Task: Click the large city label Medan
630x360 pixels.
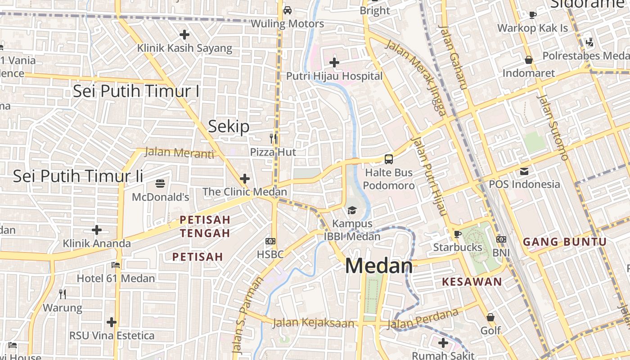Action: (379, 266)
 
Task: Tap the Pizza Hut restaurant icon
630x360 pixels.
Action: (273, 138)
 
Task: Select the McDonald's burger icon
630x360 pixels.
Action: (161, 183)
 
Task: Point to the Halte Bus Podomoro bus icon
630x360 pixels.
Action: (388, 159)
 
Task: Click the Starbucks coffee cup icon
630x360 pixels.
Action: (457, 234)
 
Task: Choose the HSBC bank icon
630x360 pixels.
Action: (270, 241)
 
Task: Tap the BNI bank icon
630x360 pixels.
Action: (501, 239)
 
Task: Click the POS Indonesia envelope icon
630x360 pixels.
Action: (524, 171)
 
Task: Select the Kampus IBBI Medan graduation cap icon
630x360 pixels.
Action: (352, 210)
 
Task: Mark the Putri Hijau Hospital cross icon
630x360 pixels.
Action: (334, 62)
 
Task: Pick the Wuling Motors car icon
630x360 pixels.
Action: (287, 10)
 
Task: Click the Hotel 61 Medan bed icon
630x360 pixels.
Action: (116, 265)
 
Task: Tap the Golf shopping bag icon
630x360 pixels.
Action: (490, 317)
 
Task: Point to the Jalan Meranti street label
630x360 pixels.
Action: (179, 153)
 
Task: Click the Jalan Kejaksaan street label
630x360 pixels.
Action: (313, 323)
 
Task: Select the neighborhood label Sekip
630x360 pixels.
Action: (229, 126)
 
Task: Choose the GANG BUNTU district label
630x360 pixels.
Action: (565, 242)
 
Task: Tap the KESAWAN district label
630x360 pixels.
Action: (472, 282)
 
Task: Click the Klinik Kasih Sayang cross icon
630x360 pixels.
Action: (184, 34)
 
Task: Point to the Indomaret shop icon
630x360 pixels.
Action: (529, 59)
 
